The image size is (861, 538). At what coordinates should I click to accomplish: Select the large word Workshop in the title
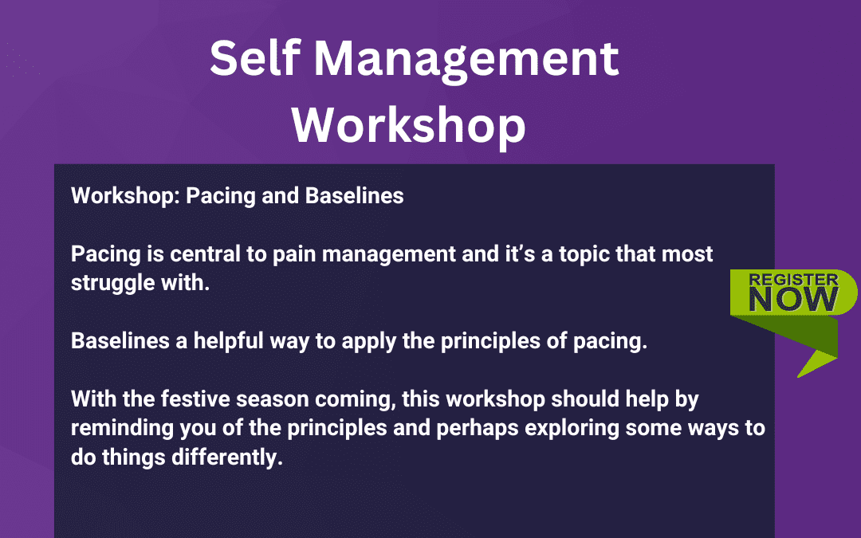pyautogui.click(x=409, y=125)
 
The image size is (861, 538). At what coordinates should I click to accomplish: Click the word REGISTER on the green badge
pyautogui.click(x=793, y=281)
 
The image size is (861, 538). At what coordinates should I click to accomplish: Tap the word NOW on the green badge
pyautogui.click(x=793, y=300)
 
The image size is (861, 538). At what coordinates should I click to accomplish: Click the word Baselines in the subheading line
pyautogui.click(x=355, y=195)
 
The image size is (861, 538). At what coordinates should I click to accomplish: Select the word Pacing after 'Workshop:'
pyautogui.click(x=218, y=195)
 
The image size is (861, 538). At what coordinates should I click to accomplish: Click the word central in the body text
pyautogui.click(x=195, y=255)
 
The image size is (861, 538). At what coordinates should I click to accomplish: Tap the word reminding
pyautogui.click(x=120, y=428)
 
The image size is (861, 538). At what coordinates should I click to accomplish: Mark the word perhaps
pyautogui.click(x=479, y=428)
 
